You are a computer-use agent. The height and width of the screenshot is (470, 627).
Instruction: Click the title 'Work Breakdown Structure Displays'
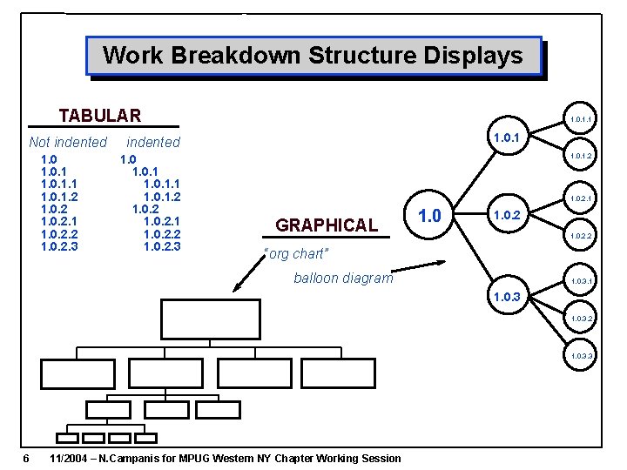click(313, 56)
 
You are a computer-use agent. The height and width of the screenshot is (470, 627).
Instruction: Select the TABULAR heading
click(99, 115)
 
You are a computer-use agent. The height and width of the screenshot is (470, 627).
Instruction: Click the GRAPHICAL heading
click(327, 225)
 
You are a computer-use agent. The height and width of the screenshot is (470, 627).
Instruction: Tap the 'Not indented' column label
click(68, 142)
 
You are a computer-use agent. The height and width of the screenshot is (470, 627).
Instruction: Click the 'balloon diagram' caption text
click(343, 279)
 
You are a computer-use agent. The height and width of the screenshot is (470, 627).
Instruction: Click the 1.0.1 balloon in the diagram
click(507, 137)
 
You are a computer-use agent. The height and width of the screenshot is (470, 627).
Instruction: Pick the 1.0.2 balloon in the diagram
click(507, 216)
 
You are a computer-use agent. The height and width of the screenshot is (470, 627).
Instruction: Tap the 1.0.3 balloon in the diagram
click(507, 297)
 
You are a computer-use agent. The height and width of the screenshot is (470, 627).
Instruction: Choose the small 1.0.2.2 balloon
click(581, 236)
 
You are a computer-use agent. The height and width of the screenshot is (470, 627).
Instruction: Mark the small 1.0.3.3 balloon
click(581, 356)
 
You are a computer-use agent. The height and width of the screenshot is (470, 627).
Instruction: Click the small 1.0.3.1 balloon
click(581, 281)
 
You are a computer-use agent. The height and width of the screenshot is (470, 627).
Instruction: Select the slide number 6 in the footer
click(27, 459)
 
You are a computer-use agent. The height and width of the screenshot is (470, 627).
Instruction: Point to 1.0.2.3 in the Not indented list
click(59, 246)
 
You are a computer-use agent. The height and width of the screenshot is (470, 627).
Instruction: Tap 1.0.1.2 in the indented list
click(162, 197)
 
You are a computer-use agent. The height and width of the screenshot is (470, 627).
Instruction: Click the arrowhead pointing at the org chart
click(237, 288)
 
